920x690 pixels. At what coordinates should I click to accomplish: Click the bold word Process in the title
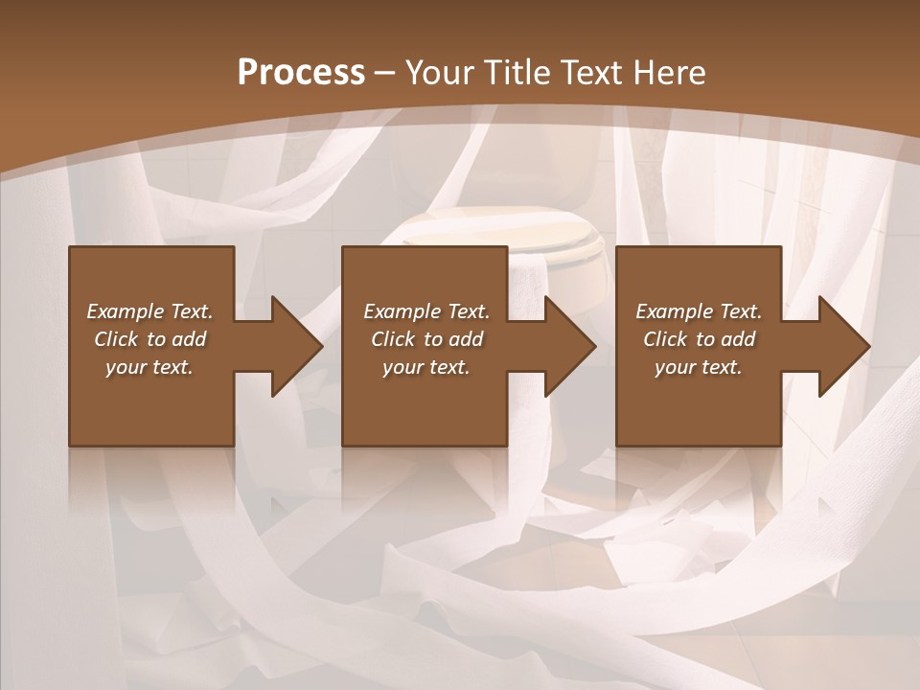coord(301,73)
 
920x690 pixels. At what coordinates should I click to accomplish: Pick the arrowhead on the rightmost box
coord(843,346)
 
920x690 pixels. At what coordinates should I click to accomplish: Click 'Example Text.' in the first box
coord(149,311)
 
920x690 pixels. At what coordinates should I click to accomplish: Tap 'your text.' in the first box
coord(149,367)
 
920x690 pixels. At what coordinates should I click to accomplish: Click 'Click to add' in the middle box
coord(426,339)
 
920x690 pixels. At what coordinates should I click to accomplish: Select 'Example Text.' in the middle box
coord(426,311)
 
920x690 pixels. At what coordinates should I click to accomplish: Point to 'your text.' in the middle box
coord(426,367)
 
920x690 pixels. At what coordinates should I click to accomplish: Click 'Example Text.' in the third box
coord(699,311)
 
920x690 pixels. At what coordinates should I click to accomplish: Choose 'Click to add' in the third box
coord(699,339)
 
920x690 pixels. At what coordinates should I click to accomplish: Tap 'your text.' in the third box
coord(699,367)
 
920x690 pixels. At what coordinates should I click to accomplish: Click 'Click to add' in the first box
coord(149,339)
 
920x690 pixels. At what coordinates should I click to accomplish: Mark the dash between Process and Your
coord(384,73)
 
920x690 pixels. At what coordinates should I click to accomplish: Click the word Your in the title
coord(439,73)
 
